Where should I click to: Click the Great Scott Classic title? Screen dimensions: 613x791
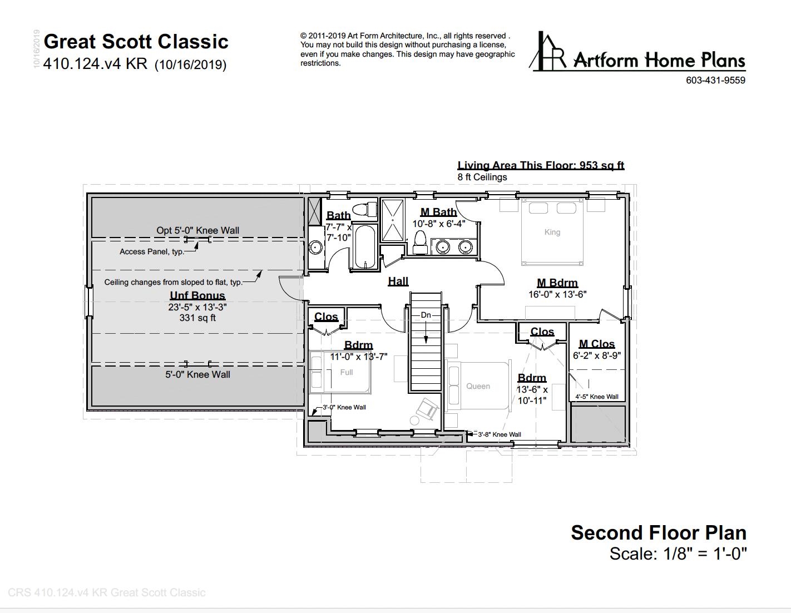click(x=136, y=42)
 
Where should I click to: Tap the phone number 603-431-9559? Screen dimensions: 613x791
click(x=715, y=80)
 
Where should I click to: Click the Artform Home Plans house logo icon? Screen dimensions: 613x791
click(x=547, y=52)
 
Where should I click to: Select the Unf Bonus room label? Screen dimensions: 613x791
click(x=197, y=295)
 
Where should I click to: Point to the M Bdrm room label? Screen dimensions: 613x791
click(x=557, y=283)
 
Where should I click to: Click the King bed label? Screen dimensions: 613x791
click(x=552, y=232)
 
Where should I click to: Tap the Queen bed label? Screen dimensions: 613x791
click(x=478, y=386)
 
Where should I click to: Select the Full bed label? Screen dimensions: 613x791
click(x=346, y=372)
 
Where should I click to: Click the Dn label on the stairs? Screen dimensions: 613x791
click(x=426, y=315)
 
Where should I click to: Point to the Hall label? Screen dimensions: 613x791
click(x=398, y=281)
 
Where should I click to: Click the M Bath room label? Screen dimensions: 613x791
click(x=438, y=212)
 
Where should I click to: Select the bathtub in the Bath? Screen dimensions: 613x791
click(x=365, y=246)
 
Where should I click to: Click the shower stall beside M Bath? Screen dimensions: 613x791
click(x=393, y=220)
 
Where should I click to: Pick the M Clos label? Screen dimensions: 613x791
click(x=596, y=344)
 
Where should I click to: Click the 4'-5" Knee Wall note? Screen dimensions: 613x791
click(x=596, y=397)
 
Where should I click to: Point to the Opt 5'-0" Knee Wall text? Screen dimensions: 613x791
click(x=197, y=230)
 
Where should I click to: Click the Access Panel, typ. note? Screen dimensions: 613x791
click(x=151, y=251)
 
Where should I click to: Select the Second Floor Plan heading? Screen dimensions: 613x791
click(x=658, y=532)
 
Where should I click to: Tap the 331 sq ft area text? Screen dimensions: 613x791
click(x=197, y=318)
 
